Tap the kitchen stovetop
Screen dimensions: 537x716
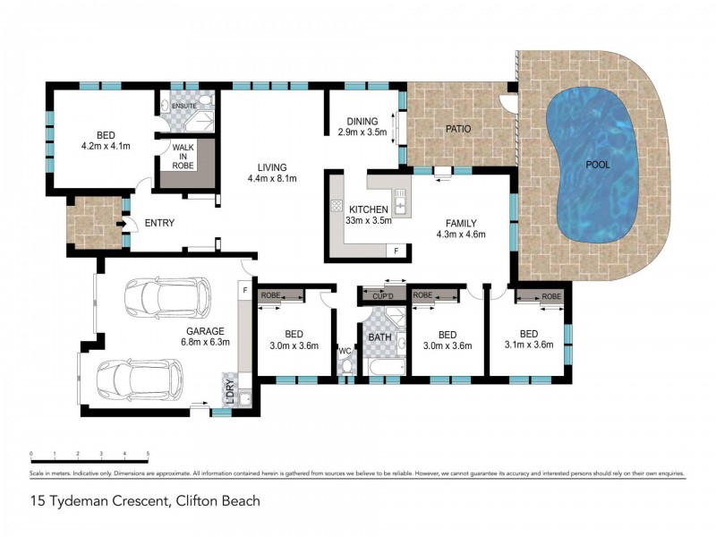[x=337, y=205]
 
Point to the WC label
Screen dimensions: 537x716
[x=345, y=351]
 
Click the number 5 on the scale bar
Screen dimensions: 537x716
[x=148, y=454]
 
